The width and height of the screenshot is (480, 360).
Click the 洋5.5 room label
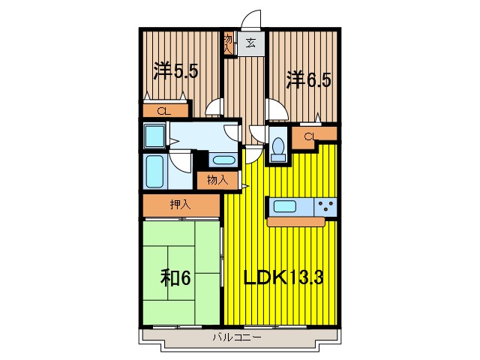(x=175, y=70)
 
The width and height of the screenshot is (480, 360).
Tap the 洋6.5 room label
(x=307, y=78)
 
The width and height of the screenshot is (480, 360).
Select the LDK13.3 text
(x=284, y=278)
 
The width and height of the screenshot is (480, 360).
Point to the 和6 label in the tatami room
(x=175, y=278)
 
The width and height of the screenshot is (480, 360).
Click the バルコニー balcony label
(x=235, y=338)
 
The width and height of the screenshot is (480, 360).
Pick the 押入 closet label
(x=179, y=204)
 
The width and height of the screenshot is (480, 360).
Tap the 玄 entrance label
(x=250, y=43)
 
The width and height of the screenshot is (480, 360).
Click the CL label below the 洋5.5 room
(x=163, y=112)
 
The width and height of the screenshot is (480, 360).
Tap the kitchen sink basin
(x=286, y=205)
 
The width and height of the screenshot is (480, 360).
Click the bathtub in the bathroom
(x=156, y=172)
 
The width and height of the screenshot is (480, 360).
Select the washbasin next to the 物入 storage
(x=223, y=160)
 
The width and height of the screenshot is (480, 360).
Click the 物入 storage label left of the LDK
(x=217, y=180)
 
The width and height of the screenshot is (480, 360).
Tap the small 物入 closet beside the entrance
(x=228, y=42)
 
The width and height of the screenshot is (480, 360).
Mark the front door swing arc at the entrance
(x=251, y=18)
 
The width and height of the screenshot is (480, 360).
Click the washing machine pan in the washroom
(x=155, y=136)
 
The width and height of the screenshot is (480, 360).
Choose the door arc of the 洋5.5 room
(x=214, y=107)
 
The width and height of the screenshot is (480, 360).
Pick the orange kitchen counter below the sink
(x=297, y=222)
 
